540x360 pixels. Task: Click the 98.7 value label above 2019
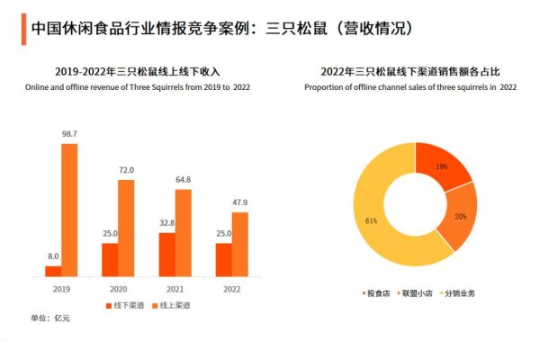(69, 134)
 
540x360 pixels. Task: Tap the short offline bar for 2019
(53, 270)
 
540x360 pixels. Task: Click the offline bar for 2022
(223, 259)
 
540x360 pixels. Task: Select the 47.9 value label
(239, 202)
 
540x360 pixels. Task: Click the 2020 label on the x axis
(118, 289)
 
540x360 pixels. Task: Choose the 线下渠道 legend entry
(122, 307)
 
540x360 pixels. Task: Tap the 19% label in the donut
(442, 166)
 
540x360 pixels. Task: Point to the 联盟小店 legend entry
(415, 293)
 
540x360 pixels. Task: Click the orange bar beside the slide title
(22, 29)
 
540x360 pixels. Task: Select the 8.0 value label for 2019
(53, 256)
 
